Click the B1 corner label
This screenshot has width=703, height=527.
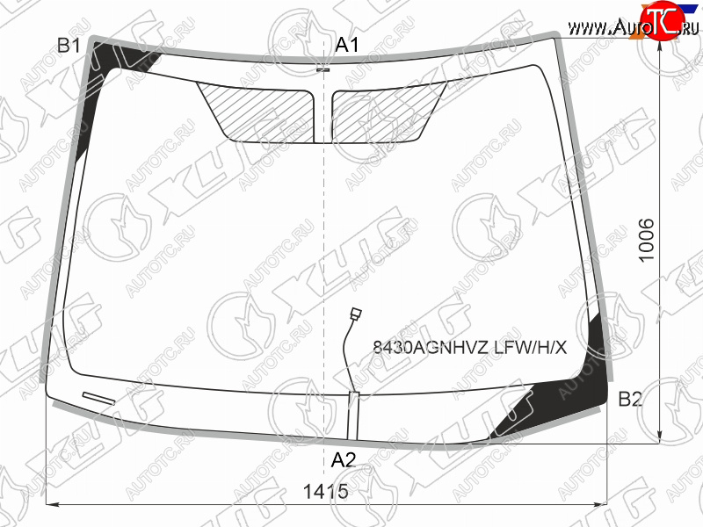click(x=69, y=46)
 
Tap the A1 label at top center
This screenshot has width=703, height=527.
click(x=347, y=45)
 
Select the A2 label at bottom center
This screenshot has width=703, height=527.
click(x=343, y=460)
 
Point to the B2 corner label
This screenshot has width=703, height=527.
click(x=630, y=399)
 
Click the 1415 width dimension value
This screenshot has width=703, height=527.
click(x=325, y=492)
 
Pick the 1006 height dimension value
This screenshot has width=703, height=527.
click(x=647, y=241)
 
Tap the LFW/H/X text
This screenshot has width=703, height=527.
click(x=531, y=347)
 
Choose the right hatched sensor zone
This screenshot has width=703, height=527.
click(x=386, y=113)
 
